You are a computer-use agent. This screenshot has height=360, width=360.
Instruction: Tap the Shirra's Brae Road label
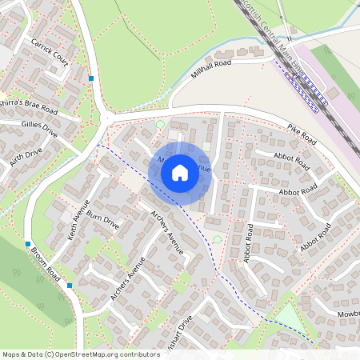pyautogui.click(x=29, y=106)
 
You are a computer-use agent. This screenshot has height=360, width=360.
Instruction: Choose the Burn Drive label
pyautogui.click(x=104, y=221)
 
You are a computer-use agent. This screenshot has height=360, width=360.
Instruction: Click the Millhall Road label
pyautogui.click(x=212, y=69)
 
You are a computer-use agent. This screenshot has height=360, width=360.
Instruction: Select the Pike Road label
pyautogui.click(x=302, y=134)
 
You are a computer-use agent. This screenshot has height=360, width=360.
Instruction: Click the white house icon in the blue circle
pyautogui.click(x=180, y=172)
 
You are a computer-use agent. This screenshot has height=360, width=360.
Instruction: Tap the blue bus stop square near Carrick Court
pyautogui.click(x=92, y=78)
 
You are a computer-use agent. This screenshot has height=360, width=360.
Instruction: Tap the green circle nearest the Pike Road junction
pyautogui.click(x=160, y=124)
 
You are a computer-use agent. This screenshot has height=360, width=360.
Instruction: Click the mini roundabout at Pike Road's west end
pyautogui.click(x=106, y=120)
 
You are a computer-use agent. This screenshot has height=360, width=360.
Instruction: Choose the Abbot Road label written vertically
pyautogui.click(x=248, y=243)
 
